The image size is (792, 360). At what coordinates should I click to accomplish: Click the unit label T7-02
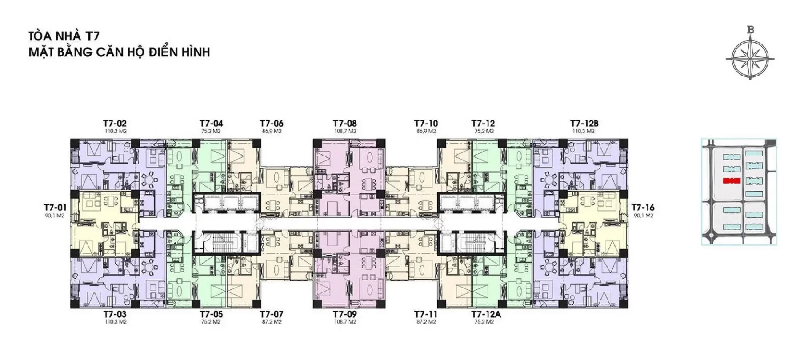pos(115,123)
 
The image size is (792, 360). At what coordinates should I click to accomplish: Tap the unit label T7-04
pos(211,123)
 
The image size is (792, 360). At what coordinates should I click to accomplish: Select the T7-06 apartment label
pos(272,123)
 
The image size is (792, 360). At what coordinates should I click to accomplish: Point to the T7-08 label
pos(345,123)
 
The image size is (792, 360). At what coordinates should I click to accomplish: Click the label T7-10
pos(426,123)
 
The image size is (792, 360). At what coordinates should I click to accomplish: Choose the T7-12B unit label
pos(584,123)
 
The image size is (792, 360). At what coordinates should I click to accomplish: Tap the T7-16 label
pos(643,208)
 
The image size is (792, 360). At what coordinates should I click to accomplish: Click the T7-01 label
pos(55,208)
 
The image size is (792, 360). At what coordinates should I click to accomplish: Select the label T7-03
pos(115,314)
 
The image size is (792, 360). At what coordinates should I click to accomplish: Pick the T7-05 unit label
pos(211,314)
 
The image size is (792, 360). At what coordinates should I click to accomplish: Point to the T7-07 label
pos(272,314)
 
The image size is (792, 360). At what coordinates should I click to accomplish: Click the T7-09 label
pos(345,314)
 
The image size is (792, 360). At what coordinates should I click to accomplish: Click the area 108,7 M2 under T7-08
pos(345,132)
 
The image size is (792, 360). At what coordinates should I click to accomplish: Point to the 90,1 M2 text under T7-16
pos(643,216)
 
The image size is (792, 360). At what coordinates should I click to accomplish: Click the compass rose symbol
pos(751,58)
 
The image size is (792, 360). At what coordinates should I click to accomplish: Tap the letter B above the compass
pos(751,30)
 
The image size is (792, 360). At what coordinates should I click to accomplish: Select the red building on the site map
pos(731,181)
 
